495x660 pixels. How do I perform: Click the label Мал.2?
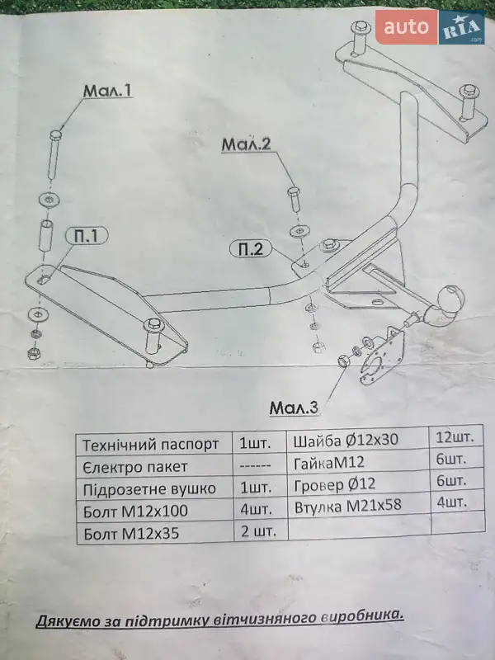click(247, 145)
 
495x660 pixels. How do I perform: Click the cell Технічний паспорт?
click(151, 445)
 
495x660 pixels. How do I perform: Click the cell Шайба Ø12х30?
click(346, 441)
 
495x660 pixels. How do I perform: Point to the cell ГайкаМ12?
click(329, 462)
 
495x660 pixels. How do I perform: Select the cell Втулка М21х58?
click(347, 505)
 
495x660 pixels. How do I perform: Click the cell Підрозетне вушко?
click(149, 488)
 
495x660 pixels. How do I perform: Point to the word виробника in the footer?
click(363, 615)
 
